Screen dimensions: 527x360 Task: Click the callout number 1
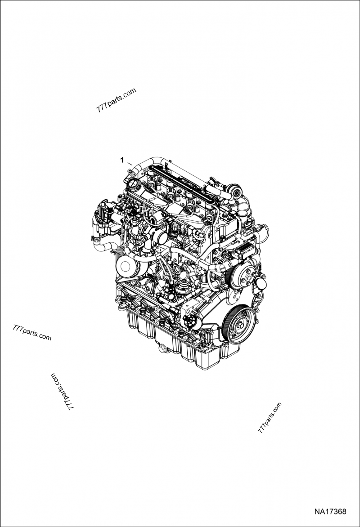coord(121,159)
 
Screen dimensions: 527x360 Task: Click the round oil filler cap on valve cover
coord(134,184)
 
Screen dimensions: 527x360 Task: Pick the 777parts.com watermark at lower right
coord(270,417)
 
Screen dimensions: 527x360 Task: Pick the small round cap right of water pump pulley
coord(262,286)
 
